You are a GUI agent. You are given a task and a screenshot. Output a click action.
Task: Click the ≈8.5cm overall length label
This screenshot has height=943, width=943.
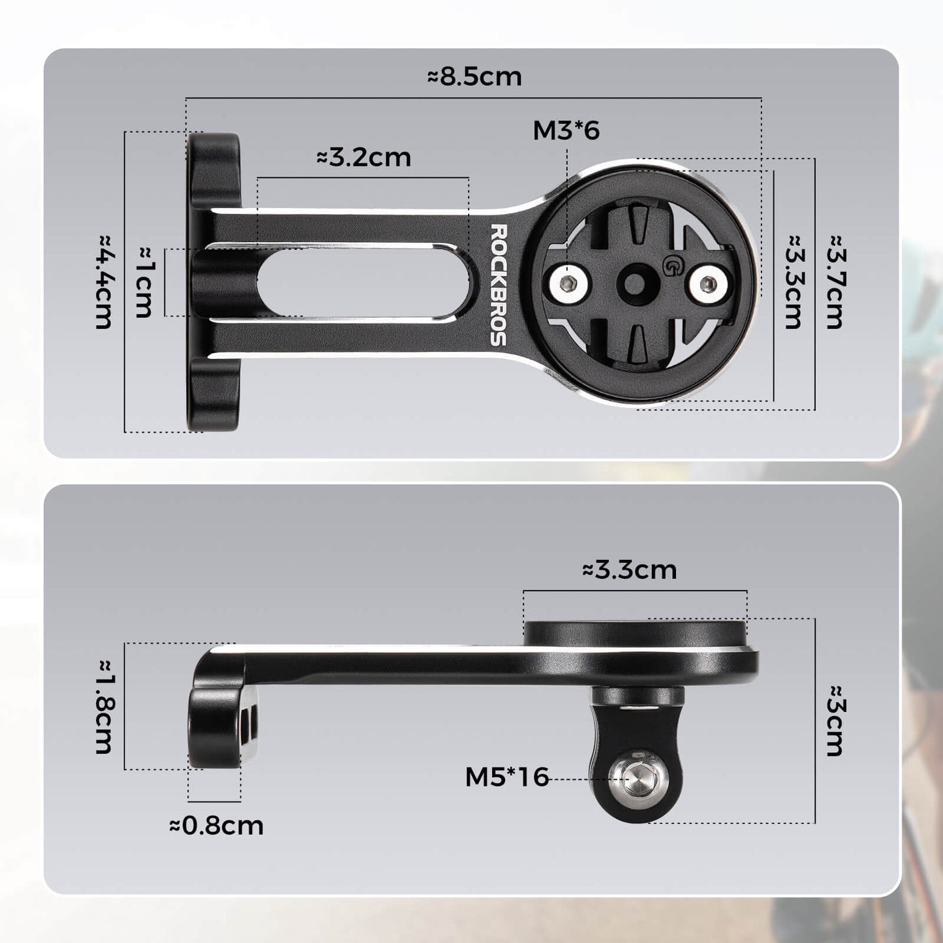coord(474,77)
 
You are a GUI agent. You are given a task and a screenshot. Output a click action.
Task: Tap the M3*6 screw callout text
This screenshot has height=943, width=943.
coord(566,131)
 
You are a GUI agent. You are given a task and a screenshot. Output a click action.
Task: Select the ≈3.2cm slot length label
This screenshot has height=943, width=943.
coord(363,158)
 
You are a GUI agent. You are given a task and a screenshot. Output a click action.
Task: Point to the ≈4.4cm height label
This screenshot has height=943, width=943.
coord(104,282)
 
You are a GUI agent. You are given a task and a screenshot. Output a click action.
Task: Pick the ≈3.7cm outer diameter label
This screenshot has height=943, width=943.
coord(835,282)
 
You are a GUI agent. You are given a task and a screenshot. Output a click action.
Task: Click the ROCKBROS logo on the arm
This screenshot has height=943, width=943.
coord(499,285)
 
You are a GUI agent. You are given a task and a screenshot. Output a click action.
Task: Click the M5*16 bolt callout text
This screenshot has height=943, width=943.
coord(506,777)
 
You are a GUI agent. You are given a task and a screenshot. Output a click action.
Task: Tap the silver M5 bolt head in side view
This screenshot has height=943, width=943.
coord(636,779)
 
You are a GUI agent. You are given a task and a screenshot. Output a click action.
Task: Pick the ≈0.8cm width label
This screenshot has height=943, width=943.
coord(216,826)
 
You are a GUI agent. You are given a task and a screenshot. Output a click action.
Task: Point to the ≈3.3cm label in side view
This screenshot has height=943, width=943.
coord(629,570)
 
